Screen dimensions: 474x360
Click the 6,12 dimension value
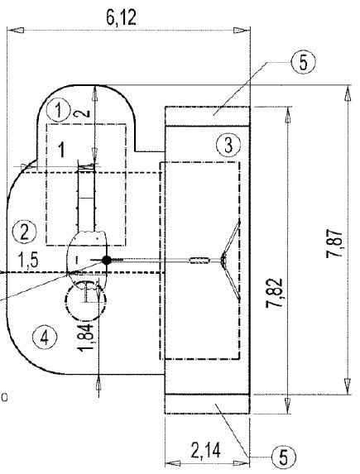pos(122,17)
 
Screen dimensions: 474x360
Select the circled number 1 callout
pos(57,108)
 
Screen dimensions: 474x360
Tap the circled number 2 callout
pos(25,230)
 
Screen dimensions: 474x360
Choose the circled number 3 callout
pos(226,145)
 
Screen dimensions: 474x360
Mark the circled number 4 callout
pos(43,336)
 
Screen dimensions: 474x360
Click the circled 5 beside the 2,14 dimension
pos(282,456)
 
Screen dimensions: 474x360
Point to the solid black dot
pos(106,261)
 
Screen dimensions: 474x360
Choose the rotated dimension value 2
pos(83,113)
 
